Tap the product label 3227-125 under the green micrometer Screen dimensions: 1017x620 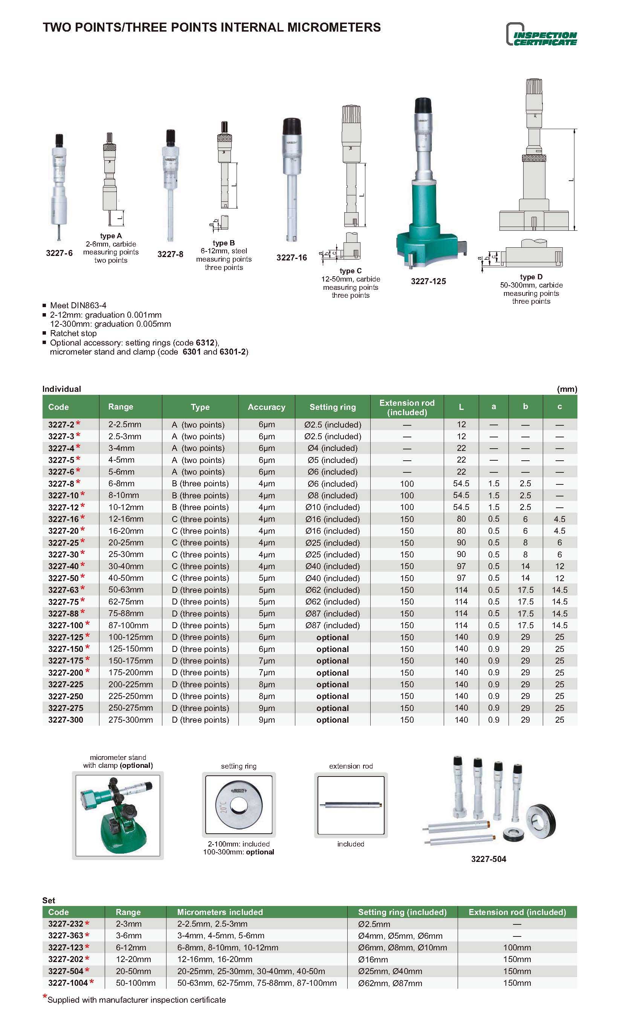428,282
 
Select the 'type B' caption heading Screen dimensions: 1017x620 223,243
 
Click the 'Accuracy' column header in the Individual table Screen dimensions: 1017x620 266,407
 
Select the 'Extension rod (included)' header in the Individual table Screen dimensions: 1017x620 407,407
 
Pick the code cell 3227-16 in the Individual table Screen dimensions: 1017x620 63,519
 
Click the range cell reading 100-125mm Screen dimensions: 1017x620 131,637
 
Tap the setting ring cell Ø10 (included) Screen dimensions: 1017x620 333,507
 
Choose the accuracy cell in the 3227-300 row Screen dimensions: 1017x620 266,720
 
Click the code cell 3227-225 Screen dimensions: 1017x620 66,684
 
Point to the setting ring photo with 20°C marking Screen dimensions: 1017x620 238,805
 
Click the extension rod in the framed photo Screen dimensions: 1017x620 351,805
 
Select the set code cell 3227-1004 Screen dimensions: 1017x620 68,983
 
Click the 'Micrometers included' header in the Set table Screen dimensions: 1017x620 220,912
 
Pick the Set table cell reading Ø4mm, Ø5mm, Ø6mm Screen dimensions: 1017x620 400,936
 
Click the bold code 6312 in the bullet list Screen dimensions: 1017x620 205,343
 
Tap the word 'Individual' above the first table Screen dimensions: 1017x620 61,389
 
